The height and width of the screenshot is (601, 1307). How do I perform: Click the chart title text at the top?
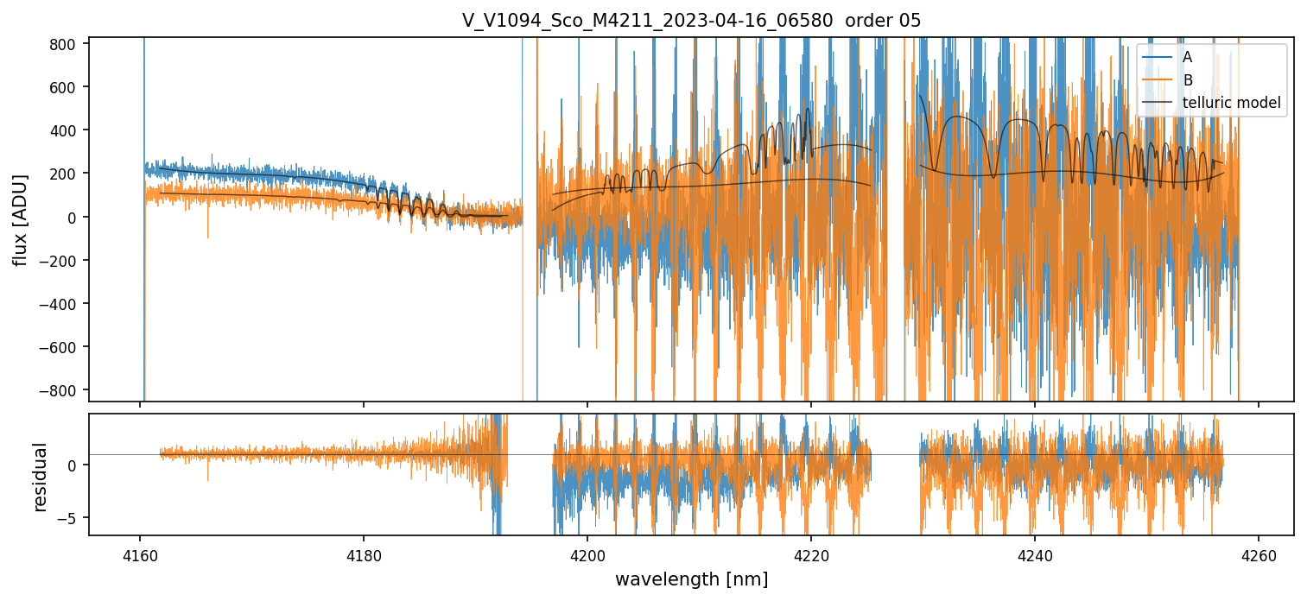coord(691,21)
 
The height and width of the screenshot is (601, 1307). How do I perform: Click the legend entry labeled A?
coord(1187,58)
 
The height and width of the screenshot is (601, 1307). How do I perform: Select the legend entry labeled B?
coord(1187,81)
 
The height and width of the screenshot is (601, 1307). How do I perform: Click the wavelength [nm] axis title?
coord(691,580)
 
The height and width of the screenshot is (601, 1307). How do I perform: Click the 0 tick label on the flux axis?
coord(75,217)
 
